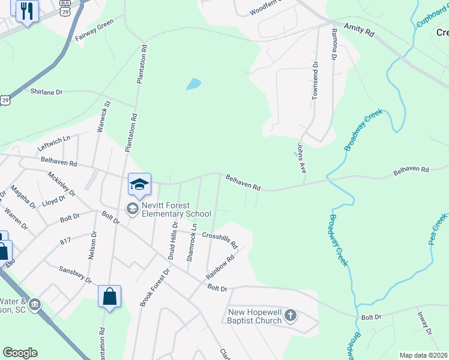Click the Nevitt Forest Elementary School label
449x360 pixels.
coord(176,214)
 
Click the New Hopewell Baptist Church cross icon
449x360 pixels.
coord(290,315)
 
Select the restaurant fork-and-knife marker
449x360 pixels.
coord(27,11)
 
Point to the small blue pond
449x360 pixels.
coord(193,84)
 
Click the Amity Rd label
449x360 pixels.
coord(358,31)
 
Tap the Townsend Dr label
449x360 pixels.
coord(314,80)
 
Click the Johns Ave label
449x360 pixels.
coord(301,158)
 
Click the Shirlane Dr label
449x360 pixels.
coord(46,92)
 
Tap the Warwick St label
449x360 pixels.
coord(104,116)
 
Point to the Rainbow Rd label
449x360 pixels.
coord(219,267)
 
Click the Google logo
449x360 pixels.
coord(20,353)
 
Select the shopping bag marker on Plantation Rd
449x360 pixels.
coord(109,297)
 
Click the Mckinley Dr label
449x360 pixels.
coord(61,185)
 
